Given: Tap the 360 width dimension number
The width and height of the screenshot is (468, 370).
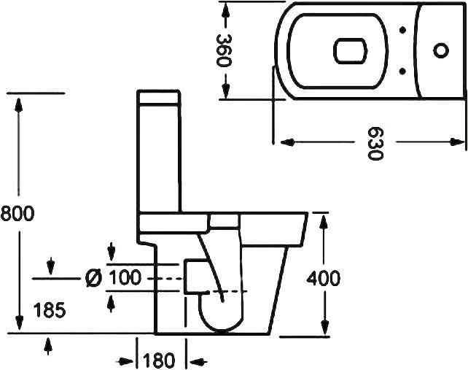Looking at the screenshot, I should (x=225, y=50).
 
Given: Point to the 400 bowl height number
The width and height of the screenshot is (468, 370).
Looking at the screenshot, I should (x=323, y=278).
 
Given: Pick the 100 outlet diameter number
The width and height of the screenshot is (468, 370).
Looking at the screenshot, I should (x=126, y=278).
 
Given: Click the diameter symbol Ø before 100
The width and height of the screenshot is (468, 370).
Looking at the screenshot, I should (x=93, y=278).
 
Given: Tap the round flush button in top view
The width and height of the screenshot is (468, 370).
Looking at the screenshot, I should (x=441, y=50).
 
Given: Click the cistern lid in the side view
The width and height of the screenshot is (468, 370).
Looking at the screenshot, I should (x=160, y=98).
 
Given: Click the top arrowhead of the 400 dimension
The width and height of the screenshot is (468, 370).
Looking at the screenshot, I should (x=323, y=222).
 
